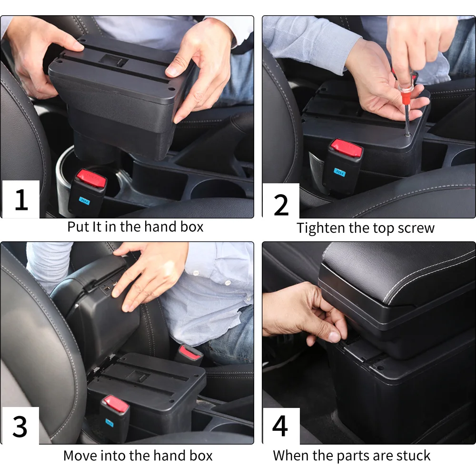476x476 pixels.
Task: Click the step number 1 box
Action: pyautogui.click(x=20, y=199)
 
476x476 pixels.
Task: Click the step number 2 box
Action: pyautogui.click(x=281, y=201)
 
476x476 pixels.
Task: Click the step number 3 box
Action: pyautogui.click(x=20, y=426)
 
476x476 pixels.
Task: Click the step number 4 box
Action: pyautogui.click(x=281, y=426)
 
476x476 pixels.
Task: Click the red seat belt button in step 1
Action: pyautogui.click(x=91, y=178)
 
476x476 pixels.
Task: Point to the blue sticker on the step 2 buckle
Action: pyautogui.click(x=340, y=172)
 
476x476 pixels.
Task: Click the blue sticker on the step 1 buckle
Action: pyautogui.click(x=84, y=201)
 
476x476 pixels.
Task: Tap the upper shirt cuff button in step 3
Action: pyautogui.click(x=196, y=273)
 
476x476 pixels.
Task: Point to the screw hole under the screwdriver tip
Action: pyautogui.click(x=408, y=134)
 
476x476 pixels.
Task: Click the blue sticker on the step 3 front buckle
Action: pyautogui.click(x=109, y=423)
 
